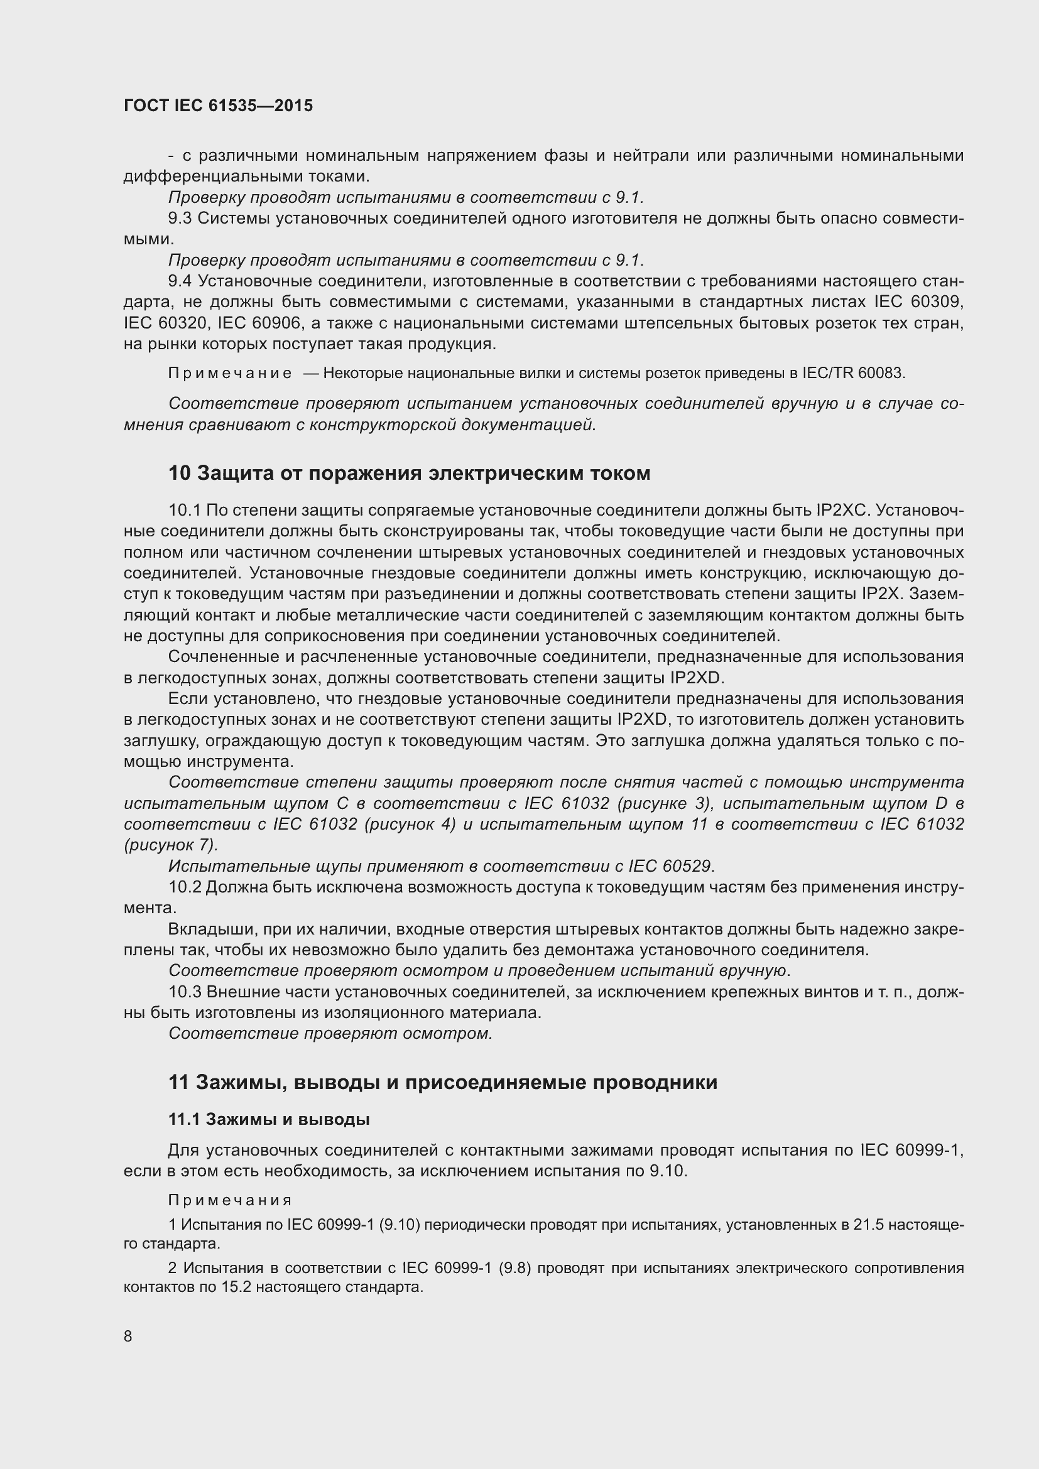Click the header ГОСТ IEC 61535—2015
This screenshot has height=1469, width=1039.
coord(218,106)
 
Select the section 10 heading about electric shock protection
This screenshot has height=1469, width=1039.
coord(410,474)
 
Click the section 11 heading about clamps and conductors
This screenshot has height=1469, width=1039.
coord(443,1083)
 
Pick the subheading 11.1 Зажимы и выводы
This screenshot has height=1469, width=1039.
coord(269,1120)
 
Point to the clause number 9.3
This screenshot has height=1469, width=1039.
coord(180,219)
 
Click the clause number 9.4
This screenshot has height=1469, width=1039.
coord(180,281)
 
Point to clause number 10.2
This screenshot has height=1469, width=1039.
coord(185,887)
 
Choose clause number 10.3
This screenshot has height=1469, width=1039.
coord(185,992)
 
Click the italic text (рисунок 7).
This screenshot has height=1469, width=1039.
coord(170,845)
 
